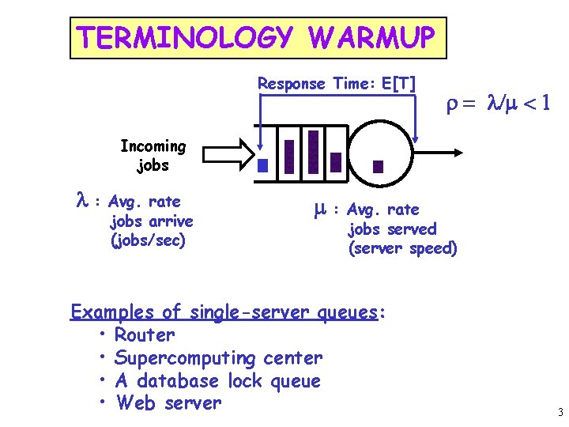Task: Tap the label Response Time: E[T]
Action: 337,83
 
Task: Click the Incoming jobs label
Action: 153,156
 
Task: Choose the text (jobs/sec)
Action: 149,240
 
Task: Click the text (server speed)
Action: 402,248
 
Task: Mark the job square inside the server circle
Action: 378,166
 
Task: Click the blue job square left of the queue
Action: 263,166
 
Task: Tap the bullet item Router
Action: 145,335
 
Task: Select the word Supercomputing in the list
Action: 186,358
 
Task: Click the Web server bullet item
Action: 168,403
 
